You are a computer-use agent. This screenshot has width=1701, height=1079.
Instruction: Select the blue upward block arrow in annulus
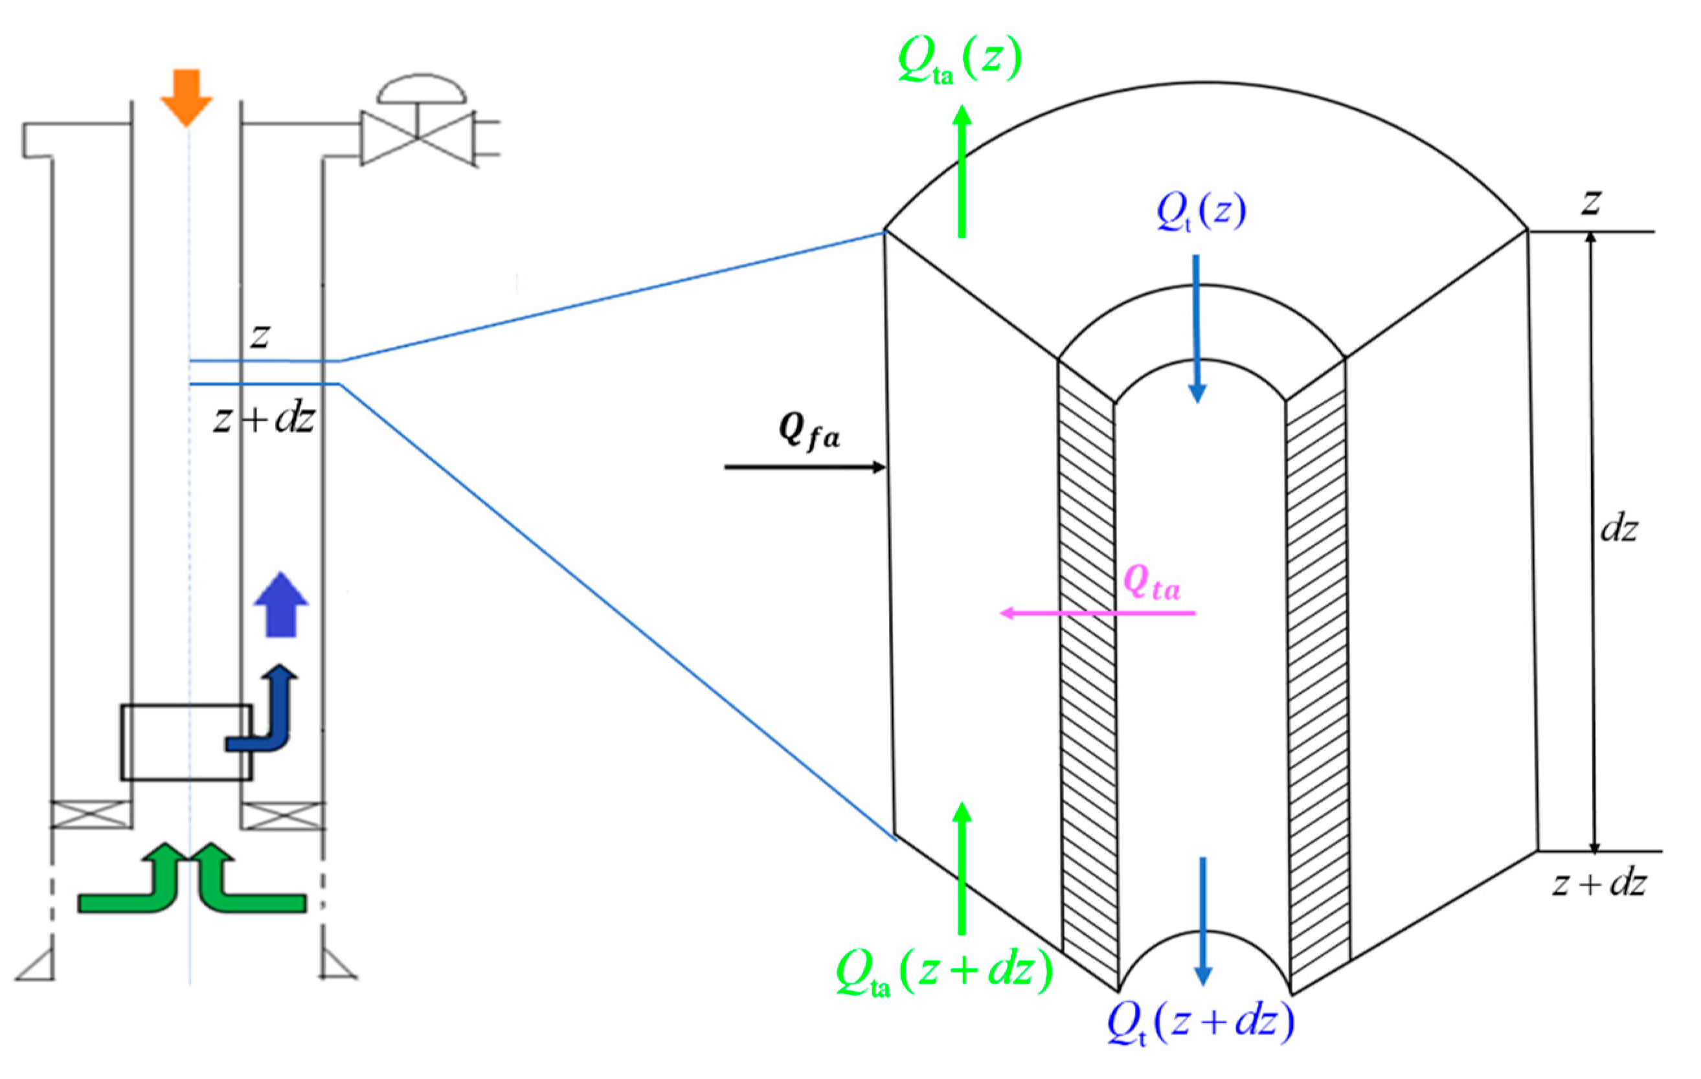point(281,605)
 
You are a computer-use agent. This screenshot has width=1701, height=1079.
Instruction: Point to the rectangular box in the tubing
point(185,742)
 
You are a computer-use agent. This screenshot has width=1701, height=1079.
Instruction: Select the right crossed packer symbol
point(282,815)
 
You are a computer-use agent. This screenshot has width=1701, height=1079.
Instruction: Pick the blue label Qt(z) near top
point(1201,211)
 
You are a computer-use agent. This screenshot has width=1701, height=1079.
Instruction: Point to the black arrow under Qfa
point(805,467)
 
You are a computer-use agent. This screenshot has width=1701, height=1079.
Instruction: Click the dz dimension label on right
point(1618,528)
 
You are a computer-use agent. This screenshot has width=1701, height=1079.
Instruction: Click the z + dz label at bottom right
point(1599,884)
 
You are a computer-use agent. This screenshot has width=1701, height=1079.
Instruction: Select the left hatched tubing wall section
point(1088,671)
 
